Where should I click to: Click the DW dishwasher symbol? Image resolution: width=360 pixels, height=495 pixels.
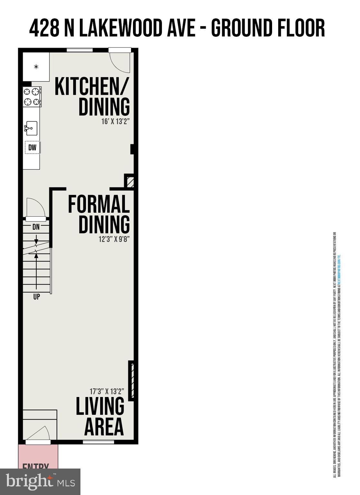[x=32, y=148]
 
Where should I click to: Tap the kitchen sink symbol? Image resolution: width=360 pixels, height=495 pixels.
[x=31, y=128]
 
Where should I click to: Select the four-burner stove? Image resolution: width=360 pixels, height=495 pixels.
[x=32, y=97]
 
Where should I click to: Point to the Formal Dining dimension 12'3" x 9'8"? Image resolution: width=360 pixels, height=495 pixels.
[x=114, y=239]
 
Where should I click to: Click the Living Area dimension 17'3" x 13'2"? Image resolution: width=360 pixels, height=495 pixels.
[x=107, y=392]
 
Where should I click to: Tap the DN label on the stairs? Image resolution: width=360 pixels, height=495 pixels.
[x=36, y=227]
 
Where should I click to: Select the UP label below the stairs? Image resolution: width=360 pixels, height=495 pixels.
[x=36, y=296]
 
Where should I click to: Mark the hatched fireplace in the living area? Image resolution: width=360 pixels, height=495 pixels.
[x=131, y=381]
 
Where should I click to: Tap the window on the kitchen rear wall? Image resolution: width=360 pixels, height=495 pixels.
[x=80, y=50]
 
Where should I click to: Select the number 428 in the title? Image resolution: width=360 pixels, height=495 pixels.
[x=44, y=28]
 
